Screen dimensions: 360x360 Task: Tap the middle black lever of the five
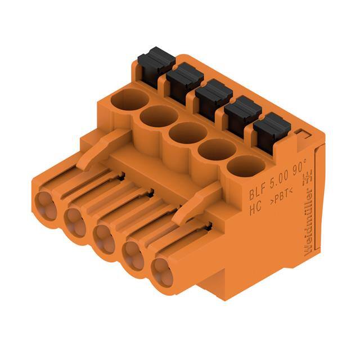pyautogui.click(x=214, y=93)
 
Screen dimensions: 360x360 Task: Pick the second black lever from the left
pyautogui.click(x=184, y=78)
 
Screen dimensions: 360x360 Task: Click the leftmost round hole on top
pyautogui.click(x=130, y=101)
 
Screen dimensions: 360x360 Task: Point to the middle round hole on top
pyautogui.click(x=187, y=134)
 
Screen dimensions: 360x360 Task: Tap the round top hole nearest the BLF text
pyautogui.click(x=246, y=166)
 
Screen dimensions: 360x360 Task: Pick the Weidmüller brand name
pyautogui.click(x=312, y=228)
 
